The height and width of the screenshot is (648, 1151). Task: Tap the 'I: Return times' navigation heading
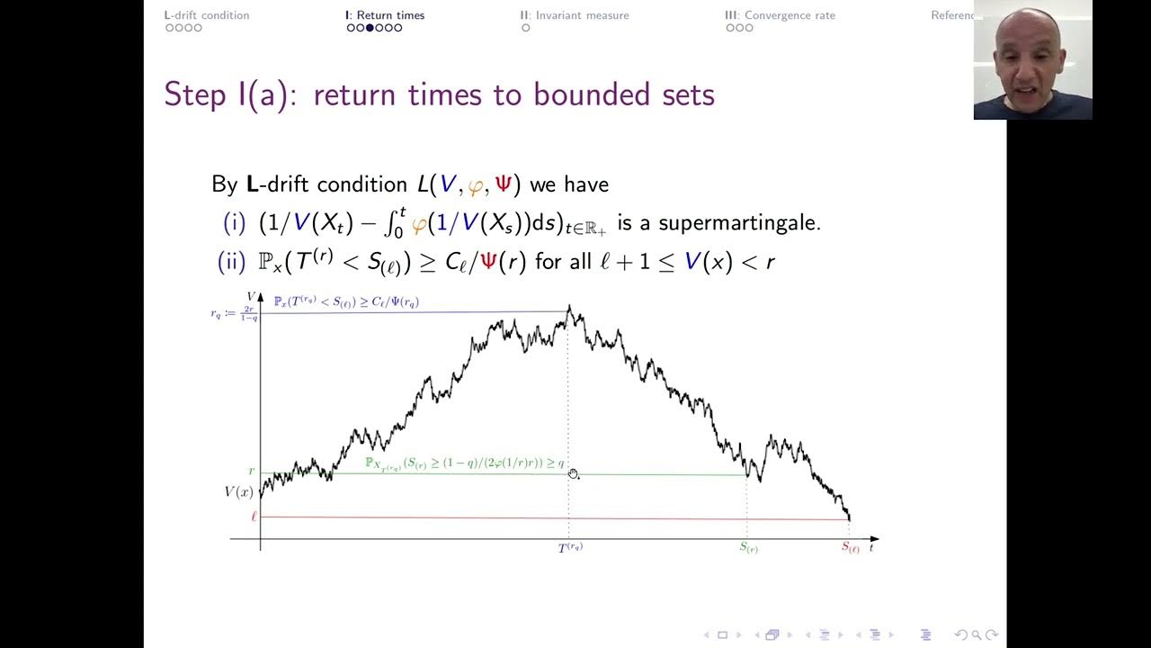385,15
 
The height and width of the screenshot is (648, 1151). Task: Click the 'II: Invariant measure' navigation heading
575,15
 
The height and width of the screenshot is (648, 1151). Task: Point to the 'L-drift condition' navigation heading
207,15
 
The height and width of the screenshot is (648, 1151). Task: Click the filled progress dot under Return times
370,28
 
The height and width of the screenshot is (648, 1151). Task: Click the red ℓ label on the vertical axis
254,517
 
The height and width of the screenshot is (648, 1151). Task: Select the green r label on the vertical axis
252,472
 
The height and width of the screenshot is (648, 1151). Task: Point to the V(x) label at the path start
238,492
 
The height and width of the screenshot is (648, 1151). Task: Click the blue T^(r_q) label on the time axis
570,546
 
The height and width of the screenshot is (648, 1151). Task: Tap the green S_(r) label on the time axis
749,546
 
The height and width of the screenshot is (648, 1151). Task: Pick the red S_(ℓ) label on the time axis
850,546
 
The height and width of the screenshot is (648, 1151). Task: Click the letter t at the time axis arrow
872,546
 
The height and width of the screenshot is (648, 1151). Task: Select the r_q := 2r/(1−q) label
234,313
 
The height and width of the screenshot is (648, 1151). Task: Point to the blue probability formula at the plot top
346,302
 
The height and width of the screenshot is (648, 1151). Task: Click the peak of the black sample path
569,309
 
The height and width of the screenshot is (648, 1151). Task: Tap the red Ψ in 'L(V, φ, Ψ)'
502,184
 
